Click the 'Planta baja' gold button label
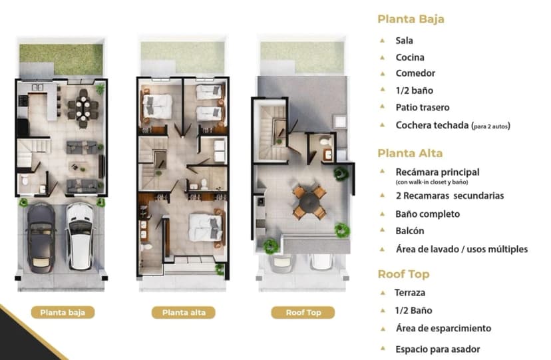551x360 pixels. pos(63,312)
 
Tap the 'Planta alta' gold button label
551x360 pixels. pos(184,312)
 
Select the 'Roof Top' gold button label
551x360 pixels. pos(303,312)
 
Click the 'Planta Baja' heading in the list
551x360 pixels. pos(411,19)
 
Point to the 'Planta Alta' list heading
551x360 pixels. pos(410,153)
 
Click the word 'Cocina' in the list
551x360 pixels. pos(410,57)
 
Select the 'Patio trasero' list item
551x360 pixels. pos(423,107)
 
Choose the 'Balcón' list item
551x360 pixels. pos(410,231)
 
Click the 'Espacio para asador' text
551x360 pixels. pos(437,349)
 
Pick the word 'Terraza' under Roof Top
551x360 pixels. pos(410,293)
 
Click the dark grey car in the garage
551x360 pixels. pos(41,238)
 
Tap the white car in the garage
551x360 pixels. pos(81,236)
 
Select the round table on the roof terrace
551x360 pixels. pos(309,202)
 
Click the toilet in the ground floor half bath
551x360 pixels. pos(25,180)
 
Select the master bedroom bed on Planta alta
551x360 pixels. pos(206,228)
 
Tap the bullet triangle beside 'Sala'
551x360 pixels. pos(383,41)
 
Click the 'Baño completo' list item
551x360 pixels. pos(428,214)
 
